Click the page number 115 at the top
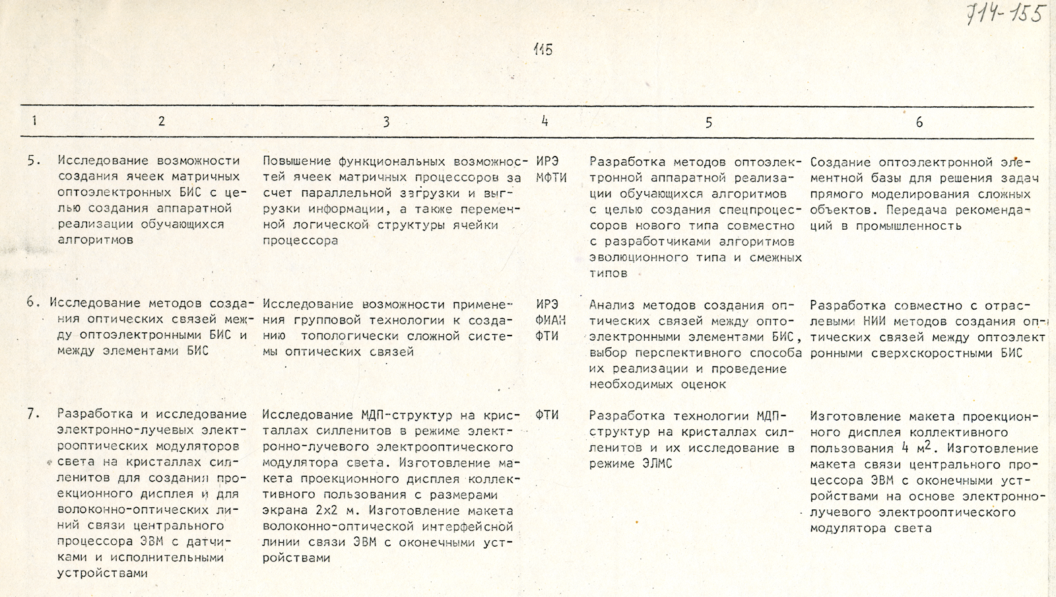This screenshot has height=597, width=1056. pos(543,49)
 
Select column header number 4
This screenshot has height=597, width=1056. pos(544,121)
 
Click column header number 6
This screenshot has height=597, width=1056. pos(919,122)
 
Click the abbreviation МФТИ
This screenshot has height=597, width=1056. pos(552,178)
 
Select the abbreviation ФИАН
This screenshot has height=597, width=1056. pos(552,320)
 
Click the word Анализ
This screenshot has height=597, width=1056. pos(610,305)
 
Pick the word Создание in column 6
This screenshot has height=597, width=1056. pos(843,162)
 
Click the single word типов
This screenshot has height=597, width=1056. pos(608,273)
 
